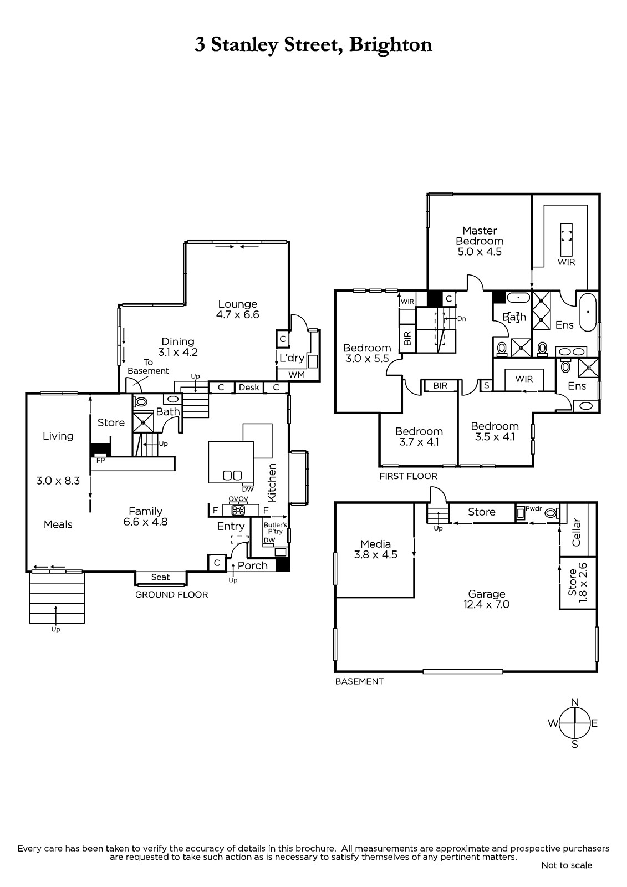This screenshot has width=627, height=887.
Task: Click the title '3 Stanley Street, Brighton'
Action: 313,45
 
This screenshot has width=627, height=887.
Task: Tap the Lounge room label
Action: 238,304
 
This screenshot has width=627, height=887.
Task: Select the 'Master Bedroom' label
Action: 480,236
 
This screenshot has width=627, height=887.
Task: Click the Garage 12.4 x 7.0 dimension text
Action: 486,605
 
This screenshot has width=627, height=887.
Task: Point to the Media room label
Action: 375,544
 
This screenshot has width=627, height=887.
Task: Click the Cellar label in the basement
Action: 576,532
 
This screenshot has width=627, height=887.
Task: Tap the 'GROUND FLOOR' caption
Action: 171,595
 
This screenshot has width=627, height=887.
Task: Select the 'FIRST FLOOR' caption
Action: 409,476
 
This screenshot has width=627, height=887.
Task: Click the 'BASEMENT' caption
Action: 359,681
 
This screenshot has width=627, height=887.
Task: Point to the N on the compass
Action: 575,702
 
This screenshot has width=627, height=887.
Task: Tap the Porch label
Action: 253,566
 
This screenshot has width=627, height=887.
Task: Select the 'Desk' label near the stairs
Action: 249,388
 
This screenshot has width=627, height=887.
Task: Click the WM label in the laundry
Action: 297,375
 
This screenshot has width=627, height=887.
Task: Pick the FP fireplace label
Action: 101,461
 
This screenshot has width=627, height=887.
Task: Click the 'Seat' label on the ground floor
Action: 160,577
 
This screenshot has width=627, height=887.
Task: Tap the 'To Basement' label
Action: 148,366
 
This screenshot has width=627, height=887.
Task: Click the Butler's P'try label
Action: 276,528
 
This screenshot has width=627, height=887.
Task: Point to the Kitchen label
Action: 272,483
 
